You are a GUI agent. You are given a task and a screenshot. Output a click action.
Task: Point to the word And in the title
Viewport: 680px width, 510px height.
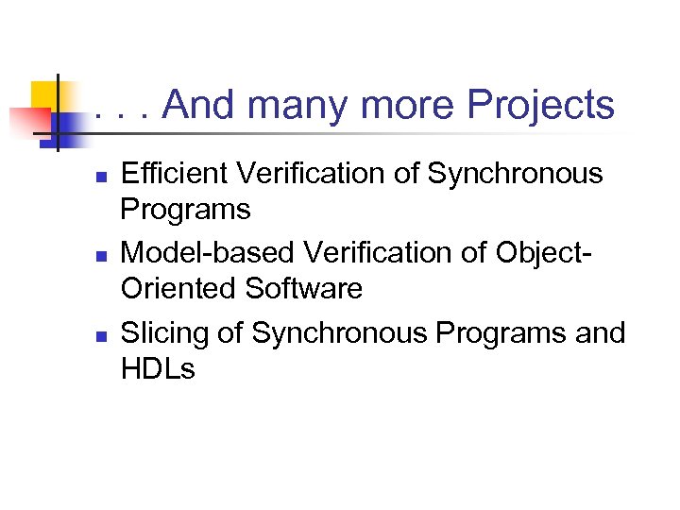200,106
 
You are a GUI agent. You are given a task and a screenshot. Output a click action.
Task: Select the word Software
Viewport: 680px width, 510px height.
303,288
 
